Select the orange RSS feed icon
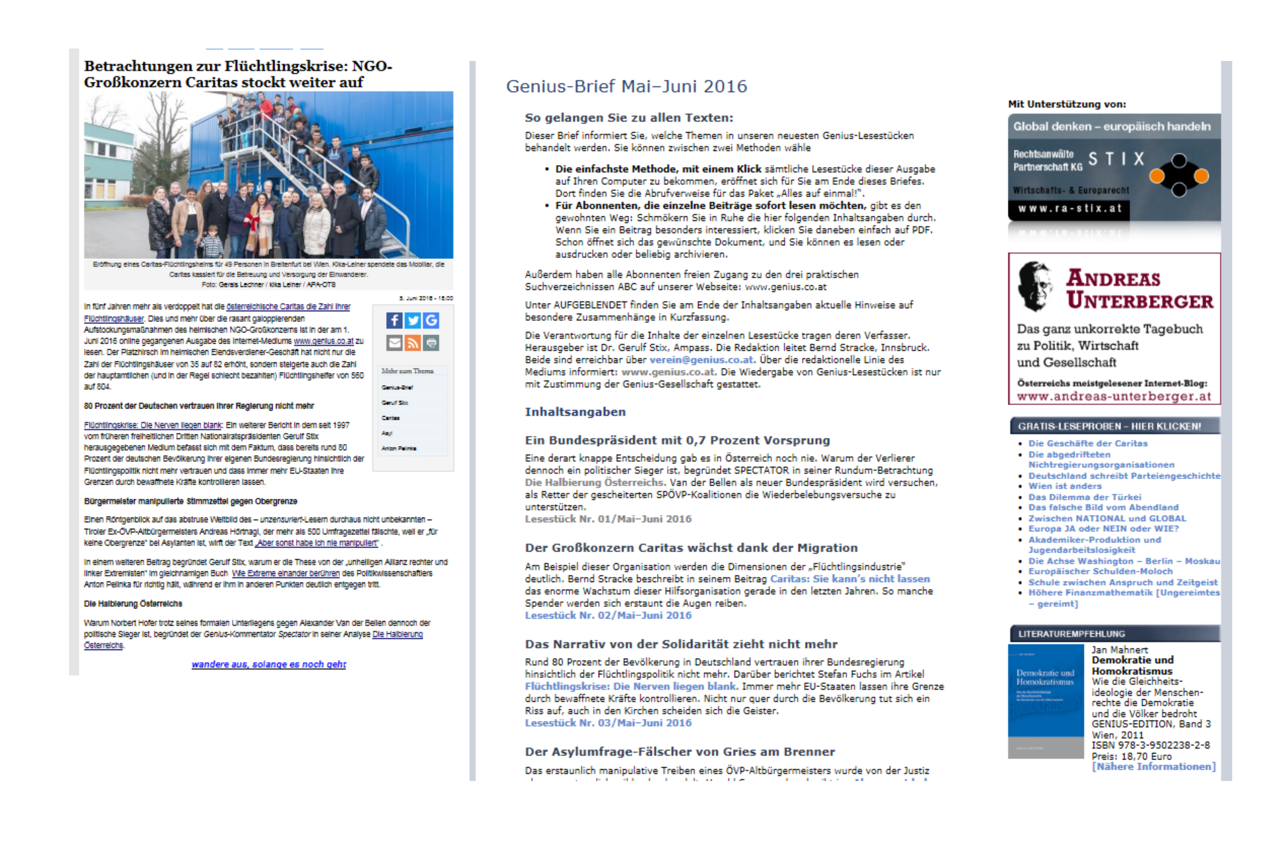pyautogui.click(x=413, y=343)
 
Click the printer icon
pyautogui.click(x=431, y=343)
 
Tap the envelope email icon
pyautogui.click(x=394, y=343)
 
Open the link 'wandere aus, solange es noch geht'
pyautogui.click(x=268, y=664)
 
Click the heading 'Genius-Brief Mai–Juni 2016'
pyautogui.click(x=626, y=86)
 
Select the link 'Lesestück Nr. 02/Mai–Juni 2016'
pyautogui.click(x=608, y=615)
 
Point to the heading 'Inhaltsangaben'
pyautogui.click(x=575, y=412)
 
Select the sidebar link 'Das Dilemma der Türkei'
pyautogui.click(x=1084, y=497)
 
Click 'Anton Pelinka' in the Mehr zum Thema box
pyautogui.click(x=399, y=448)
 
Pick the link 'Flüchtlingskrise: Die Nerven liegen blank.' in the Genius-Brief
pyautogui.click(x=631, y=686)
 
